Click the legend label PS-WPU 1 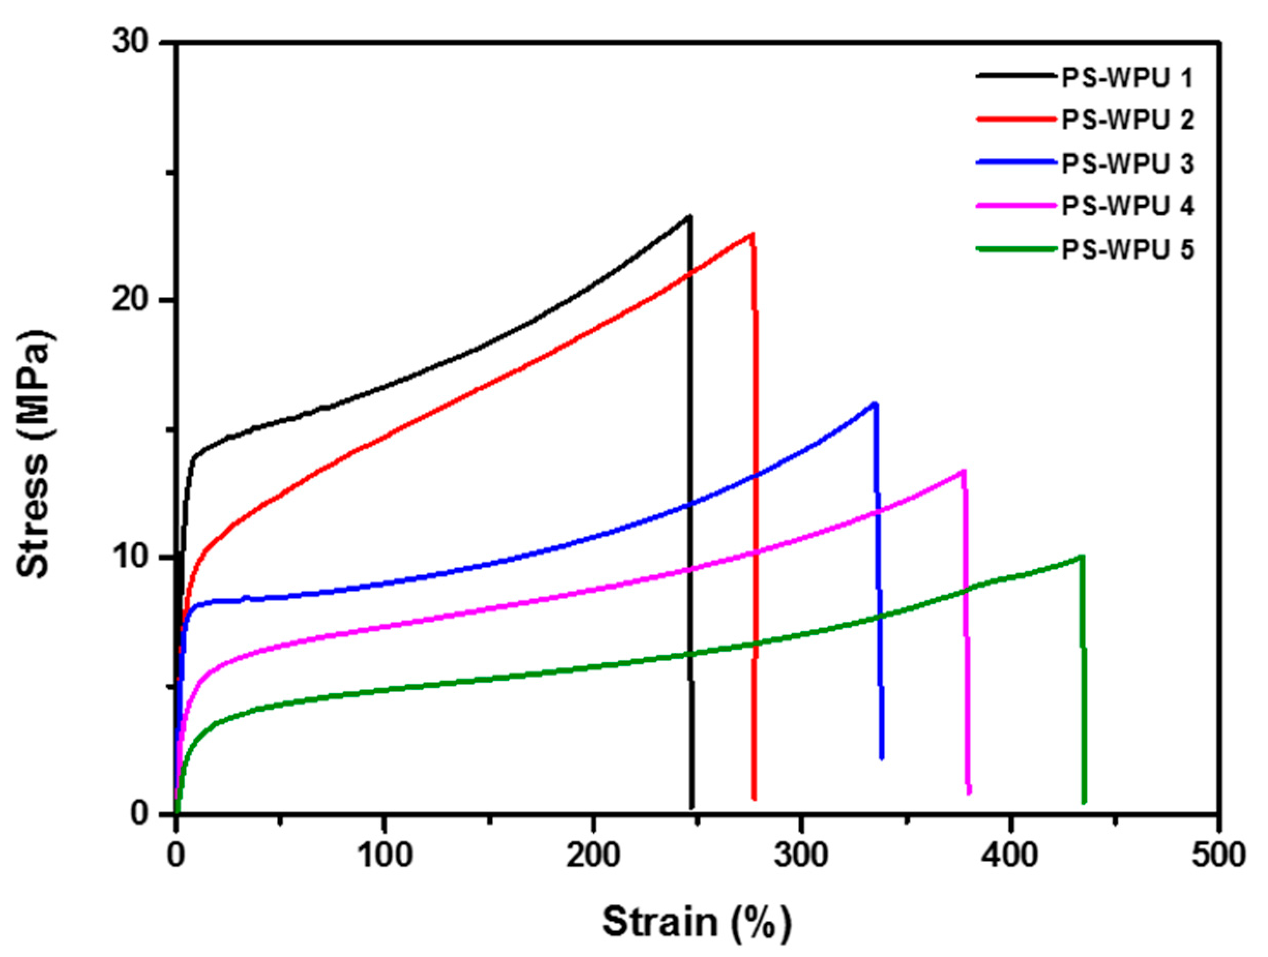pyautogui.click(x=1128, y=79)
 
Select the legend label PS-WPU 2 pyautogui.click(x=1128, y=121)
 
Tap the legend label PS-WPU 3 pyautogui.click(x=1128, y=164)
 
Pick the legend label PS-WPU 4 pyautogui.click(x=1128, y=206)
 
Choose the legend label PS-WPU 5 pyautogui.click(x=1128, y=250)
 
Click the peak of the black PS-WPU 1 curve pyautogui.click(x=689, y=217)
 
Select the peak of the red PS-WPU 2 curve pyautogui.click(x=751, y=234)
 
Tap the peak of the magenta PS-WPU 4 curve pyautogui.click(x=964, y=471)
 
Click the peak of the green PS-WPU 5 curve pyautogui.click(x=1082, y=557)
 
